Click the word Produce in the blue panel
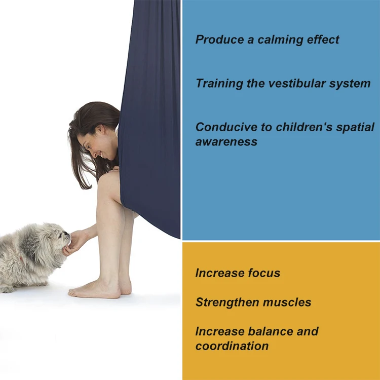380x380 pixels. (x=219, y=40)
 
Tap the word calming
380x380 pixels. (x=280, y=40)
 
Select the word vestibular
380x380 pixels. (x=297, y=84)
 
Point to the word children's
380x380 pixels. (x=304, y=127)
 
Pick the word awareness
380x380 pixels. (x=226, y=142)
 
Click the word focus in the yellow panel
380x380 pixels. (x=264, y=273)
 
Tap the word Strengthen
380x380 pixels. (x=227, y=302)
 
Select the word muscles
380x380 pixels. (x=287, y=302)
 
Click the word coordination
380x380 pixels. (x=232, y=346)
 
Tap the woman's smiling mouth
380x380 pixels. (x=101, y=155)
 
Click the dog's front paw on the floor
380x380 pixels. (x=7, y=289)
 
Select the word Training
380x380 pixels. (x=219, y=84)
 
